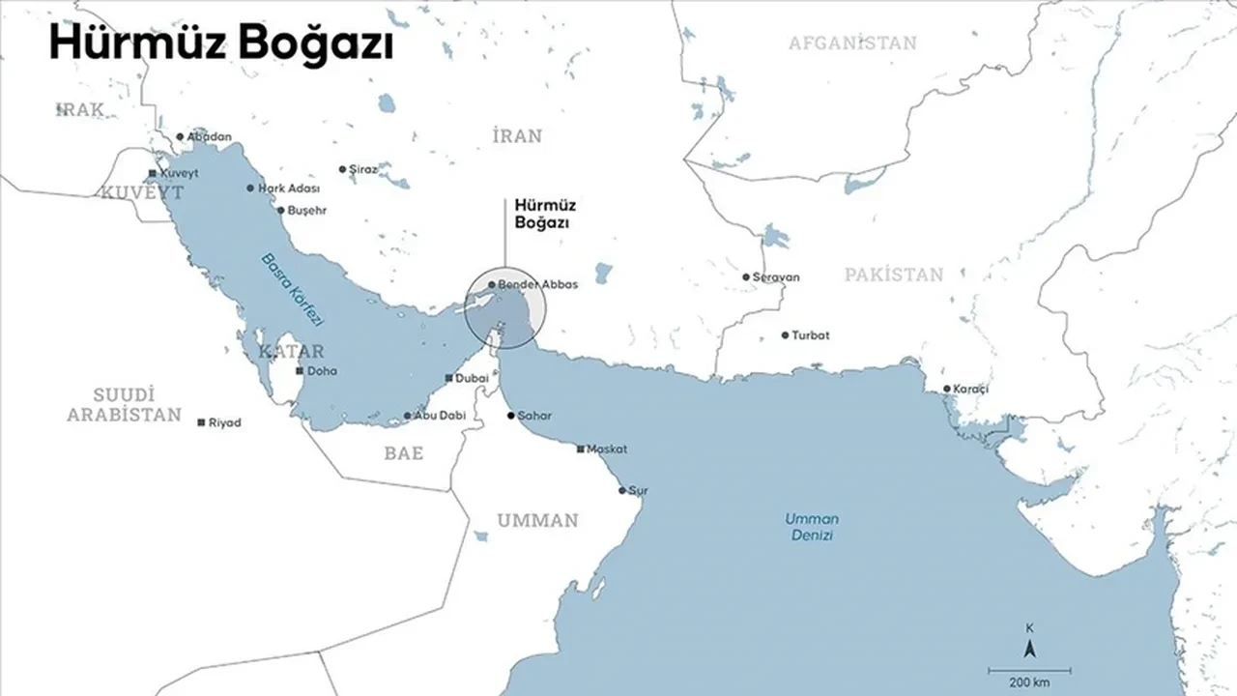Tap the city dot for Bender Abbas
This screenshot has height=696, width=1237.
492,285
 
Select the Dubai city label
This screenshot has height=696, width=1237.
472,378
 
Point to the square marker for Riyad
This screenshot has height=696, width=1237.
201,423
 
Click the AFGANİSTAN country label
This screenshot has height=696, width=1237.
852,43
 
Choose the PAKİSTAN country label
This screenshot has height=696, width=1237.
894,275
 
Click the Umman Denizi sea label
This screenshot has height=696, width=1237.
809,527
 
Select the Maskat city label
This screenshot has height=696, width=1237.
608,449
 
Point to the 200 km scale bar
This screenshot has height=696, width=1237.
1027,669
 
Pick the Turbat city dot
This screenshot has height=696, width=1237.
785,336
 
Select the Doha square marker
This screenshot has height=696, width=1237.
300,371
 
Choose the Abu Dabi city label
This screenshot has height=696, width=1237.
440,416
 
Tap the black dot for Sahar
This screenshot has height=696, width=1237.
511,416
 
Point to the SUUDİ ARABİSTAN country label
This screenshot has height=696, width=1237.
124,404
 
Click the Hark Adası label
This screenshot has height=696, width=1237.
289,188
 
